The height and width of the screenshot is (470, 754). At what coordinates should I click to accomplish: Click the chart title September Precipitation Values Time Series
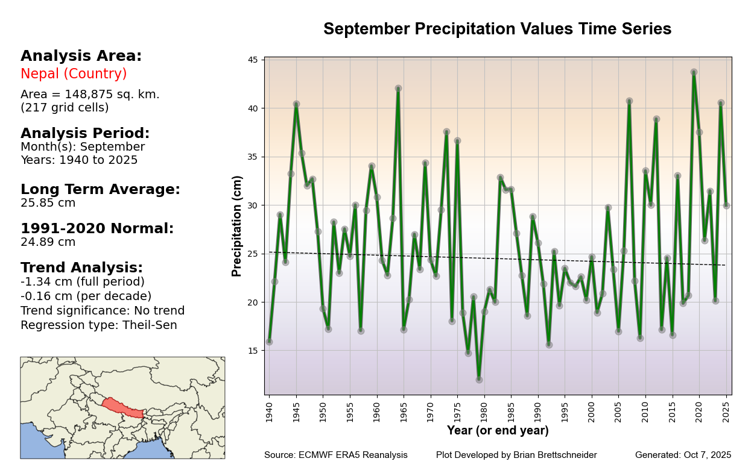click(497, 30)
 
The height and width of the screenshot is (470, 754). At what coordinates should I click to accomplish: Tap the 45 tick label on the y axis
click(252, 60)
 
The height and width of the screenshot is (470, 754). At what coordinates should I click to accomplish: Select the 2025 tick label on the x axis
click(726, 409)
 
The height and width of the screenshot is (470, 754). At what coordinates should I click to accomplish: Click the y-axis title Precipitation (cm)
click(238, 226)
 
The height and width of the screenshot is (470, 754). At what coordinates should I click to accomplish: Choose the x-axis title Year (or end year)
click(498, 431)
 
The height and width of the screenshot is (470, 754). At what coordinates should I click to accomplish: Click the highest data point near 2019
click(694, 72)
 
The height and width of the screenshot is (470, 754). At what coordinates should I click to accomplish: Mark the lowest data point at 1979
click(479, 380)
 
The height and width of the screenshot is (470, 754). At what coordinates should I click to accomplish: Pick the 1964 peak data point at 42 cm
click(398, 89)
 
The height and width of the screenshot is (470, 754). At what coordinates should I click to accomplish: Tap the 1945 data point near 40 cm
click(296, 104)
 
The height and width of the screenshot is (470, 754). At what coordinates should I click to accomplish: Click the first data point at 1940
click(269, 342)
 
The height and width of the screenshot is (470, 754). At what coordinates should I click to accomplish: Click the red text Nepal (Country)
click(74, 74)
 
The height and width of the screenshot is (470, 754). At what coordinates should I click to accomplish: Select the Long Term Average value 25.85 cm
click(48, 203)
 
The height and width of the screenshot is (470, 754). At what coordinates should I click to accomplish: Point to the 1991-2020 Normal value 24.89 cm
click(48, 242)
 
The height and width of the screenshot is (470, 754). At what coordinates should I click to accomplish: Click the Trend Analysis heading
click(81, 268)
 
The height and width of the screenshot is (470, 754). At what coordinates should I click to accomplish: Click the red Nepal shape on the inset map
click(122, 407)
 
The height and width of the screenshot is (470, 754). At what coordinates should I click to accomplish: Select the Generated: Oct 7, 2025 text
click(683, 456)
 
